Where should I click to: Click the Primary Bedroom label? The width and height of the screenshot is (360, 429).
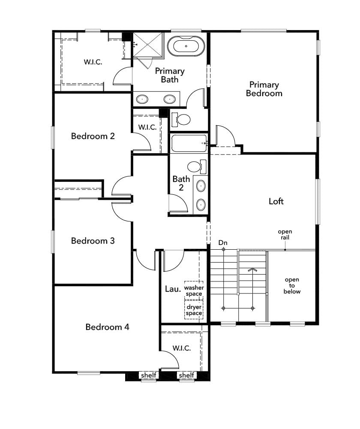[264, 89]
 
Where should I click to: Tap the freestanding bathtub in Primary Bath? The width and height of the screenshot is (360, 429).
[186, 46]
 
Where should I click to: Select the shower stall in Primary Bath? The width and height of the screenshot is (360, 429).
[148, 45]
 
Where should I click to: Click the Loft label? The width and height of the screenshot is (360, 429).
[276, 201]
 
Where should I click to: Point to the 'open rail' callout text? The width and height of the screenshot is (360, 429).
[285, 235]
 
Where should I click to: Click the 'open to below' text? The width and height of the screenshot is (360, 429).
[292, 286]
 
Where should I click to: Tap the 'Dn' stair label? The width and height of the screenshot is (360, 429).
[223, 243]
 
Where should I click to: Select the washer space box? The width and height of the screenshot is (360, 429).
[194, 290]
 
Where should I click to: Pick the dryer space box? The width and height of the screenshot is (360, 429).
[194, 310]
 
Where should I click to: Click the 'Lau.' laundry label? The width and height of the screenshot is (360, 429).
[173, 289]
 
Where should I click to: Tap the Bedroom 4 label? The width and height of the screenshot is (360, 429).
[107, 327]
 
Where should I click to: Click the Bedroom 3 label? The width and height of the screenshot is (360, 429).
[93, 241]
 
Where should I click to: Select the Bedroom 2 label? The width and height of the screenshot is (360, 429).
[93, 136]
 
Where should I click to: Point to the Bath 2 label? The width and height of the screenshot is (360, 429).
[181, 183]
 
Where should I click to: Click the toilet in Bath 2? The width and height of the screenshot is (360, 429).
[197, 166]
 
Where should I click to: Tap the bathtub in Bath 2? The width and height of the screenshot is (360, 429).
[189, 143]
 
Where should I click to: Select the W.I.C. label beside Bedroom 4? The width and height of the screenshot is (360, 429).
[182, 348]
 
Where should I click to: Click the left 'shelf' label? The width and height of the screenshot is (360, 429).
[148, 375]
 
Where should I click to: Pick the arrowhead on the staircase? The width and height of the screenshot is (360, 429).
[252, 270]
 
